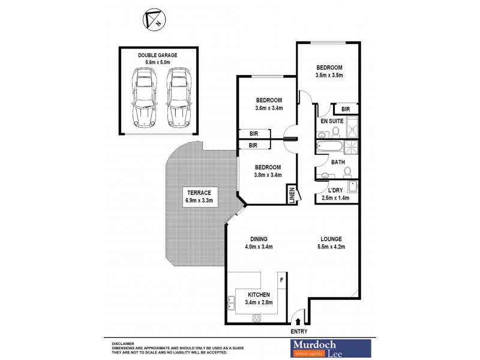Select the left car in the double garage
[x=144, y=96]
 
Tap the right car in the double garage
[x=178, y=96]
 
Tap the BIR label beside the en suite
[x=346, y=109]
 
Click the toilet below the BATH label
[x=347, y=172]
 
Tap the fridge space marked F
[x=281, y=279]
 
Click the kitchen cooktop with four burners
[x=257, y=318]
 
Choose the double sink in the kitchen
[x=230, y=304]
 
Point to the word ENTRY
[x=299, y=331]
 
